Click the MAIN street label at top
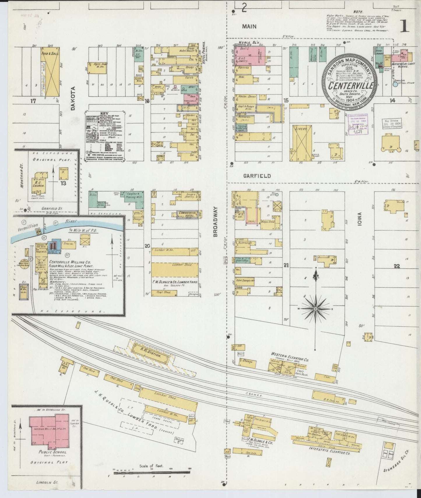(x=249, y=27)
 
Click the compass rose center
(x=316, y=308)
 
